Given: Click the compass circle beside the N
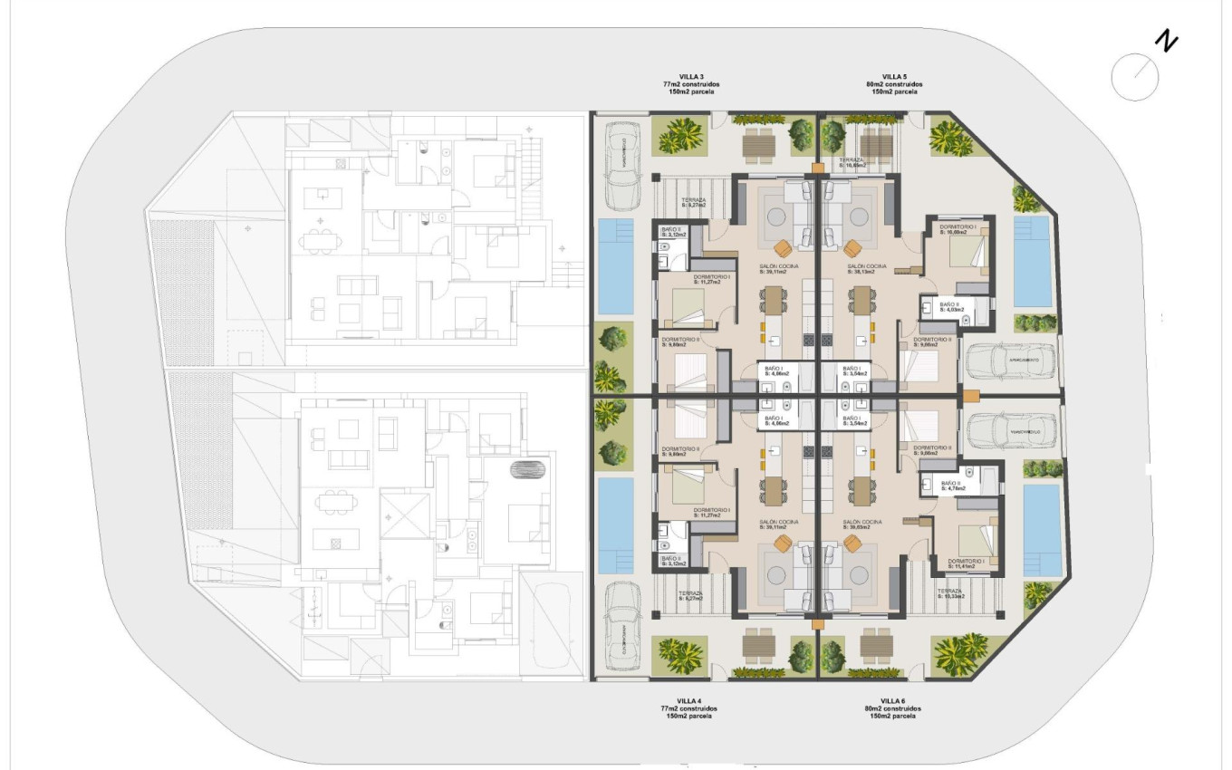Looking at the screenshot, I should [1134, 77].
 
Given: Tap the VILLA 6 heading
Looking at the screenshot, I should [892, 700].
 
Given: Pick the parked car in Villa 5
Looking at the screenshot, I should [1001, 361].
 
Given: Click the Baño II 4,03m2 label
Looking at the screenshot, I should [954, 307].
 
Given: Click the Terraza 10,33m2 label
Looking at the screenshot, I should [950, 593].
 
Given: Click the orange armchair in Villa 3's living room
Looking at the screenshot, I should [783, 247].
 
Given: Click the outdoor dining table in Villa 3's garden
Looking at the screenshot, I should [759, 142].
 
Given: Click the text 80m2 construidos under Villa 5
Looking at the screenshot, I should [894, 84].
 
